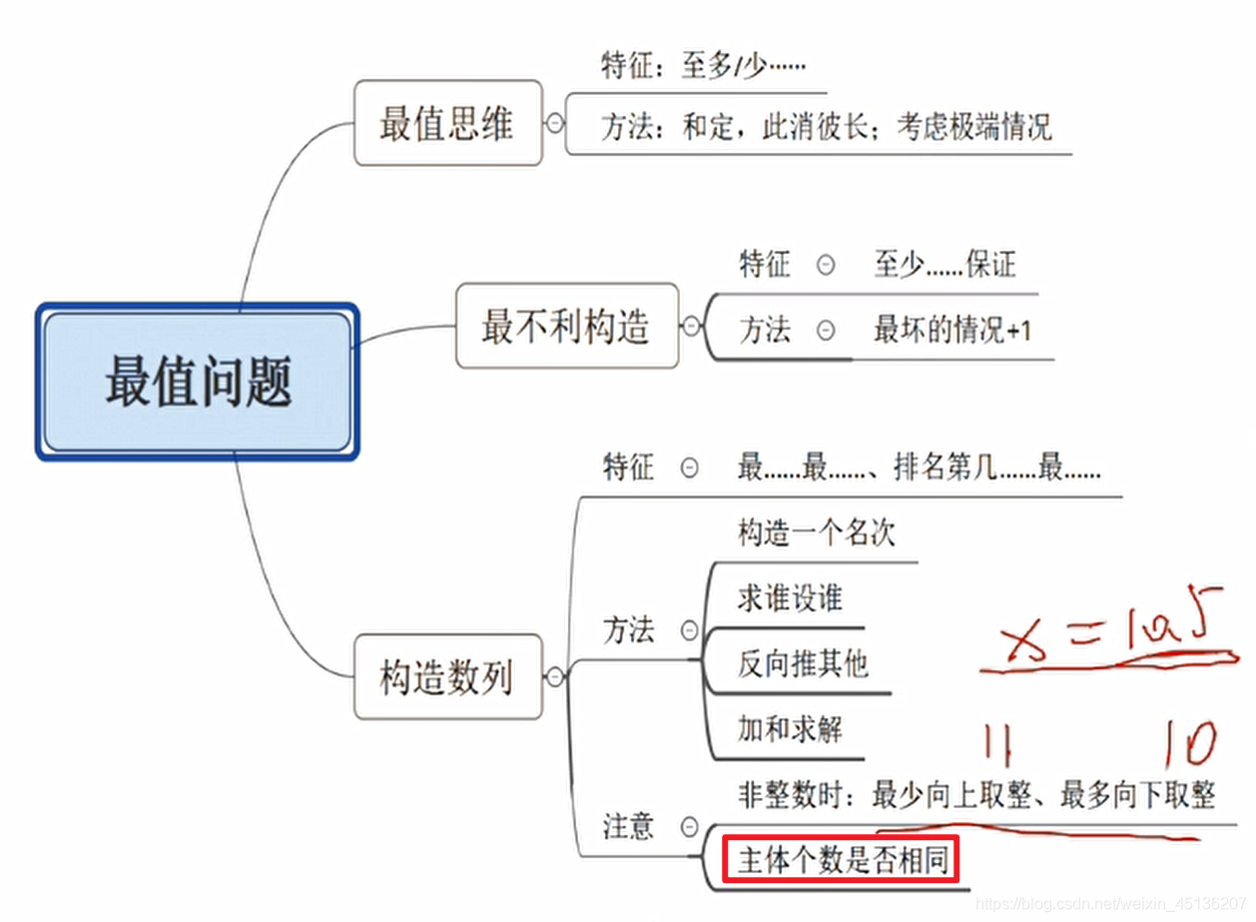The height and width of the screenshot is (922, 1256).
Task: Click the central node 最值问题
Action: coord(198,383)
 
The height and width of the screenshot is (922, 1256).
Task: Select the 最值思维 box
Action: coord(447,124)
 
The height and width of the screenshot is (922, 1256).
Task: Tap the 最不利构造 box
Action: coord(566,326)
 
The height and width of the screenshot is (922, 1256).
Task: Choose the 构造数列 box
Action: coord(447,677)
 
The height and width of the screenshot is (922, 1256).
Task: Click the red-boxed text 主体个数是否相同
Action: coord(841,860)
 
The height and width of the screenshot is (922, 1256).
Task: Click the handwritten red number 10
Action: coord(1188,745)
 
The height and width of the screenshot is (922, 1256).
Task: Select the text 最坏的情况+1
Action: coord(951,330)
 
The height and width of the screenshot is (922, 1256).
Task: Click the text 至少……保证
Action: coord(944,265)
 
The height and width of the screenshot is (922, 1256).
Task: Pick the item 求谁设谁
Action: coord(790,597)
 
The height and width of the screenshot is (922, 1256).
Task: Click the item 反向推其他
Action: coord(803,662)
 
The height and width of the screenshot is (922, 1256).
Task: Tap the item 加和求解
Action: coord(790,728)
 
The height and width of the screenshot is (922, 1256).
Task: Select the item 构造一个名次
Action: coord(816,531)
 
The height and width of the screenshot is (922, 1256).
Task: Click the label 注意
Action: coord(628,826)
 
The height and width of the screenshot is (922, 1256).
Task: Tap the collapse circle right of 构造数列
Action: coord(555,677)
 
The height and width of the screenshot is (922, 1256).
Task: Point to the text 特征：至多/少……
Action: coord(702,66)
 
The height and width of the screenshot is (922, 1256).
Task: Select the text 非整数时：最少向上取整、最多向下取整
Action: coord(975,795)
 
